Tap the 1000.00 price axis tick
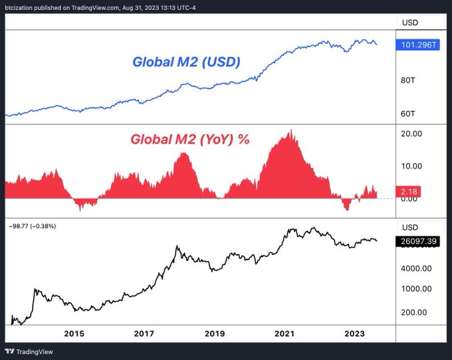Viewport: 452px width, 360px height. tap(417, 290)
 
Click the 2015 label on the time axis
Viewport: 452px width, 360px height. tap(74, 334)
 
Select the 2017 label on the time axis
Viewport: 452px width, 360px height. tap(144, 334)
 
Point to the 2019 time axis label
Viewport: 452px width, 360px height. tap(214, 334)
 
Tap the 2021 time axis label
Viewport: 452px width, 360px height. tap(284, 334)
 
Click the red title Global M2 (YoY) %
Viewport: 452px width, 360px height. tap(189, 139)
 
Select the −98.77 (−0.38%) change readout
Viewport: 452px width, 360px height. tap(33, 226)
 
